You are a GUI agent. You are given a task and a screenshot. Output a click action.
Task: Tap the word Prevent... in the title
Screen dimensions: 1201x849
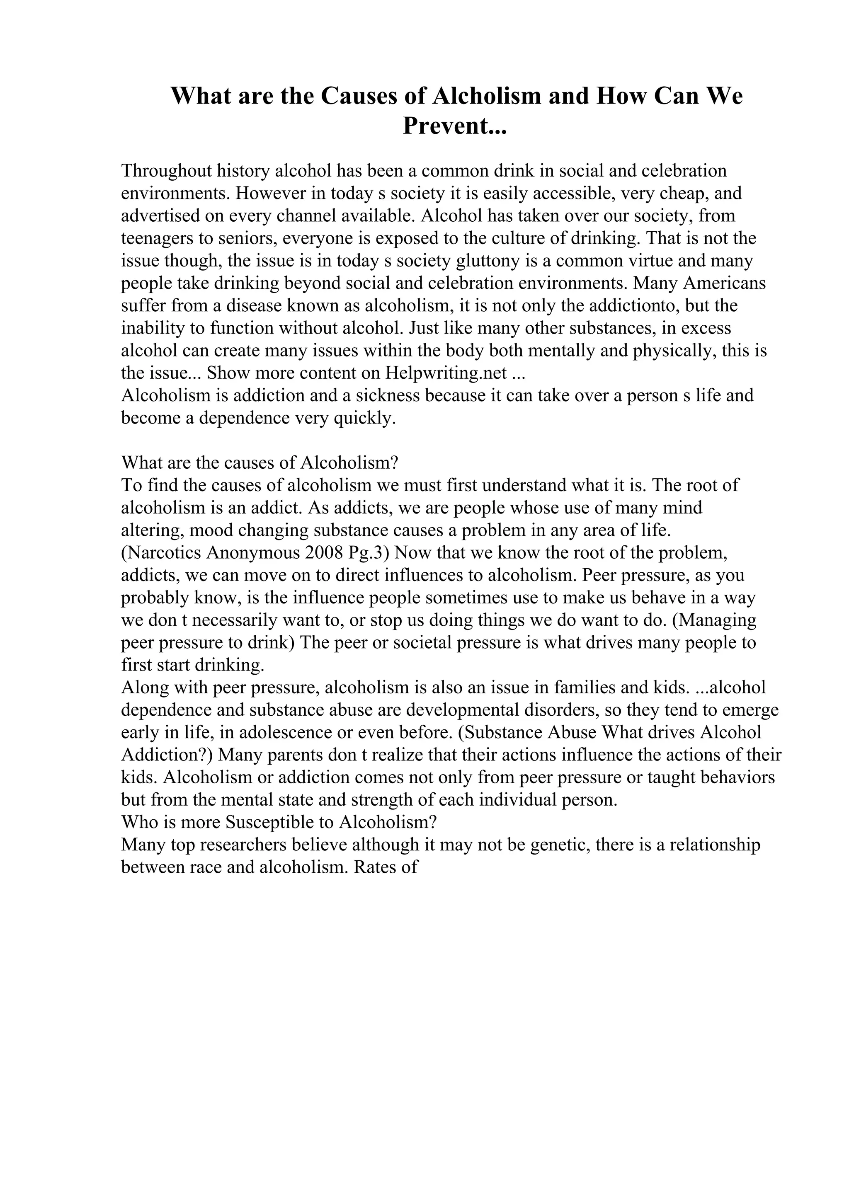pos(455,126)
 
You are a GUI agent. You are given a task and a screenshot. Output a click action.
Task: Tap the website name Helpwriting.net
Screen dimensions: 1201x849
pos(446,373)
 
